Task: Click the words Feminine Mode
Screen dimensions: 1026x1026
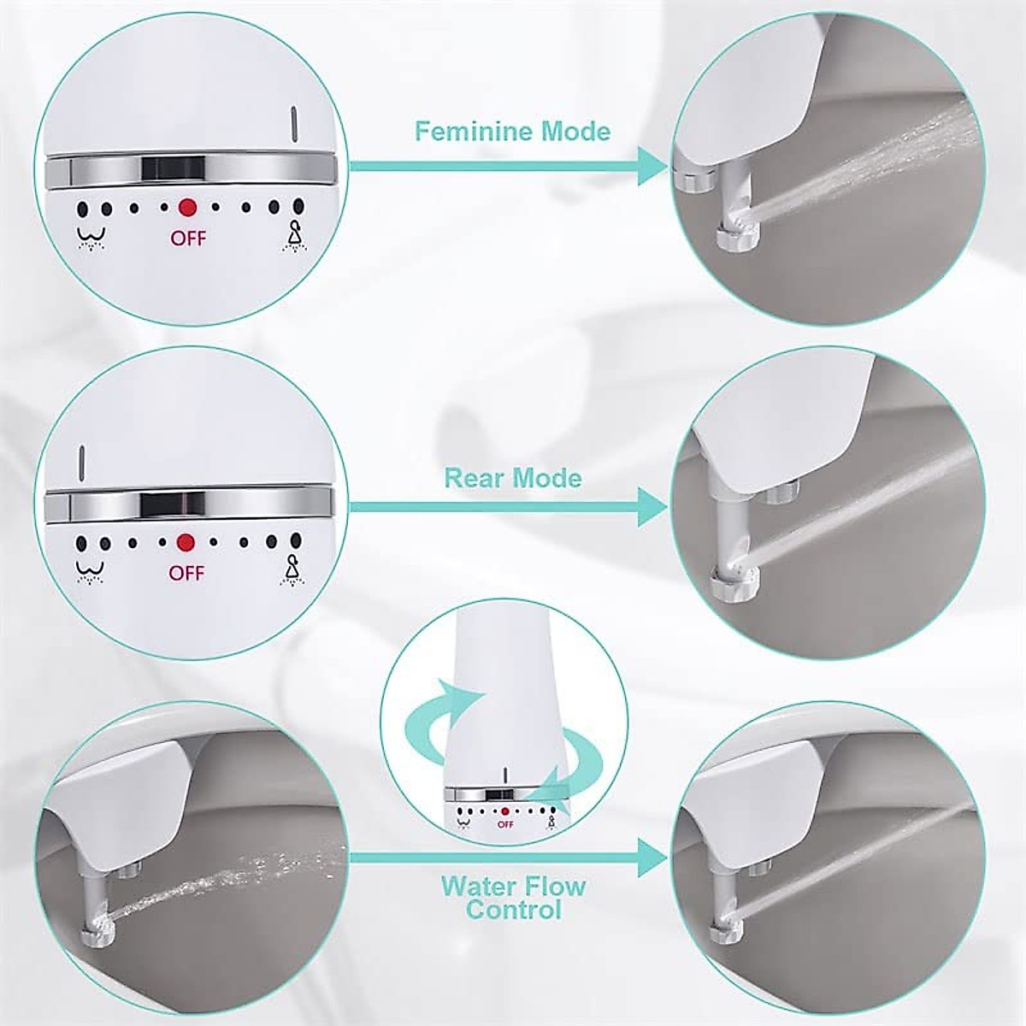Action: [512, 131]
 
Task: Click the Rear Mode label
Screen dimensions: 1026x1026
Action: [512, 477]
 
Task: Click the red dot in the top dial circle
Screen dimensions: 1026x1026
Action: [187, 207]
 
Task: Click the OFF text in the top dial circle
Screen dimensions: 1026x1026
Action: [188, 239]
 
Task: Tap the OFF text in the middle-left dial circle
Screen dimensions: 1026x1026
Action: [186, 573]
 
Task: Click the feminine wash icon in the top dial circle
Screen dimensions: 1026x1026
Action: [296, 234]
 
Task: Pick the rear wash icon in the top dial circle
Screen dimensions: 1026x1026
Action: [85, 236]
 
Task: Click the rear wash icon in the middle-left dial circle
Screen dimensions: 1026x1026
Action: [84, 570]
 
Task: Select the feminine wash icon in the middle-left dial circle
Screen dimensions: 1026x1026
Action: [294, 569]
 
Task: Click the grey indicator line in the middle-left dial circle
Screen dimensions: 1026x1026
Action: [81, 462]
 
